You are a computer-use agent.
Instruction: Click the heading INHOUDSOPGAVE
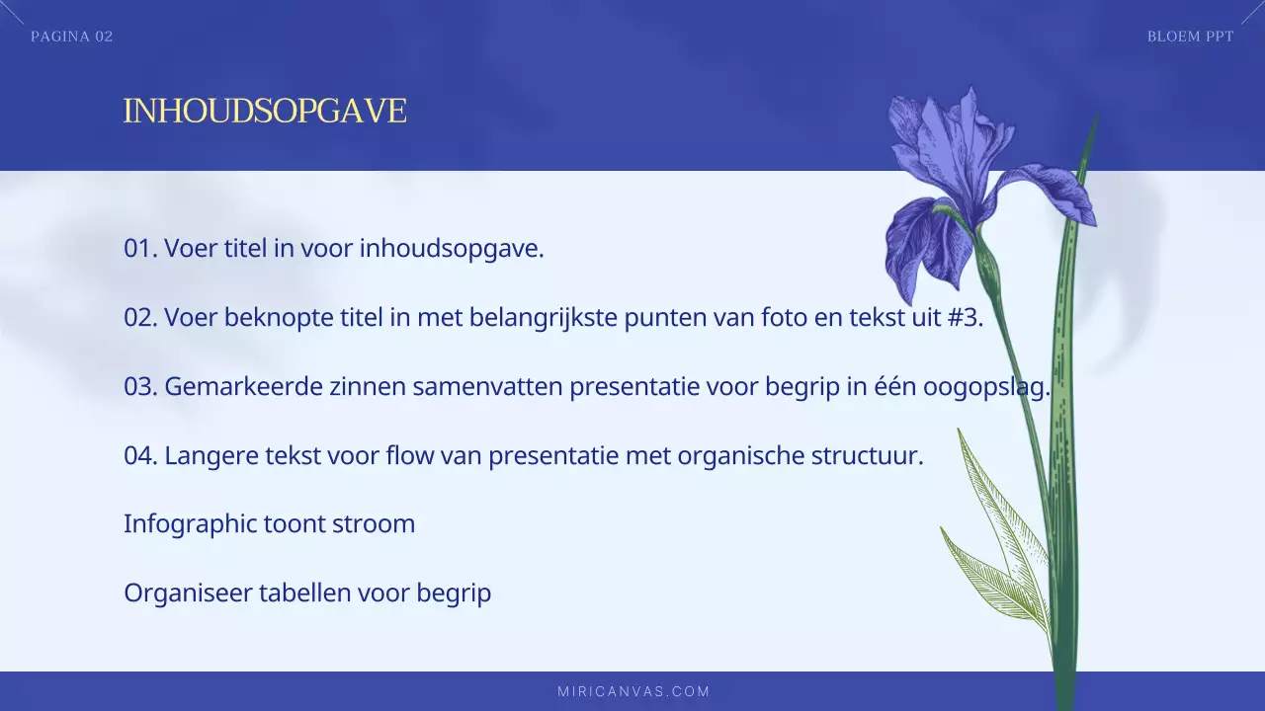point(265,112)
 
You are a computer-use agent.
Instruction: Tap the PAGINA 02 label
point(72,37)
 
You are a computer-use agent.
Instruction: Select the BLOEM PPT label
point(1190,37)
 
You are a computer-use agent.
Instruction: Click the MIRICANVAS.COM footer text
point(633,691)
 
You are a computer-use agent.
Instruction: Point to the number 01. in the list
point(140,248)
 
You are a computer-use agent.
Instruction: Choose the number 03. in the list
point(141,386)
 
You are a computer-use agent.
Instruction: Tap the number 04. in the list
point(141,456)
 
